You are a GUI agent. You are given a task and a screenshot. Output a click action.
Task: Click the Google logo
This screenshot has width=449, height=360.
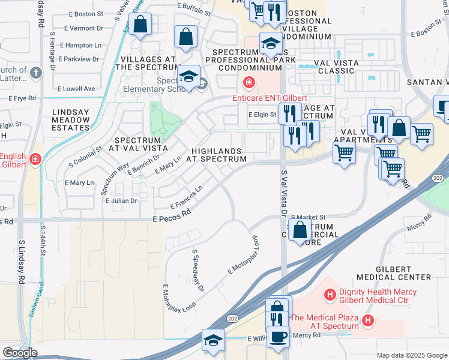pos(20,352)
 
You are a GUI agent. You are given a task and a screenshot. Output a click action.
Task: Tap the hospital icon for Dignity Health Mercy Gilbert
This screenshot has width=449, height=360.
pos(329,295)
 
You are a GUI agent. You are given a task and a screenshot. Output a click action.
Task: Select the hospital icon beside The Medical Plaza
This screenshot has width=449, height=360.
pos(368,322)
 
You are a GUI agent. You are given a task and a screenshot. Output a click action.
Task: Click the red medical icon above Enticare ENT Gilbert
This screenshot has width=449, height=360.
pos(247,82)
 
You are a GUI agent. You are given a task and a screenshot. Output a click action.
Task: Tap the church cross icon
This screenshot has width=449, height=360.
pos(36,73)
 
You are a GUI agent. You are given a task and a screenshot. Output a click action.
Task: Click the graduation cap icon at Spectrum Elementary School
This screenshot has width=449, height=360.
pos(188,76)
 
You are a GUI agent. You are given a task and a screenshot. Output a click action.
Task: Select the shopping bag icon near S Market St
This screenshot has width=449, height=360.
pos(299,229)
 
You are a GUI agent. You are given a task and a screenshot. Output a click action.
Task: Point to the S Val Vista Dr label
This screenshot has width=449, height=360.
pos(284,192)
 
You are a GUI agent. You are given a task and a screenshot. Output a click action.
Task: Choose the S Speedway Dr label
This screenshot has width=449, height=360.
pos(197,271)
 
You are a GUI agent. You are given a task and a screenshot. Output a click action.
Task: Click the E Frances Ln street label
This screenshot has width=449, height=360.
pos(187,196)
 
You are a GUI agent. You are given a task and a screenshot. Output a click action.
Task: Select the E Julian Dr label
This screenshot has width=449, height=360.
pos(121,201)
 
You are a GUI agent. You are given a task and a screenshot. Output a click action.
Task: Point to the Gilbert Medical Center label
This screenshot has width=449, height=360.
pos(394,272)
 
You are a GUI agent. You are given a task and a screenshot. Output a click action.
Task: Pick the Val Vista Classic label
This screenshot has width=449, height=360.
pos(337,67)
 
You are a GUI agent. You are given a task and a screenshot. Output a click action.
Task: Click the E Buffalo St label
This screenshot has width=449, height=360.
pos(193,11)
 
